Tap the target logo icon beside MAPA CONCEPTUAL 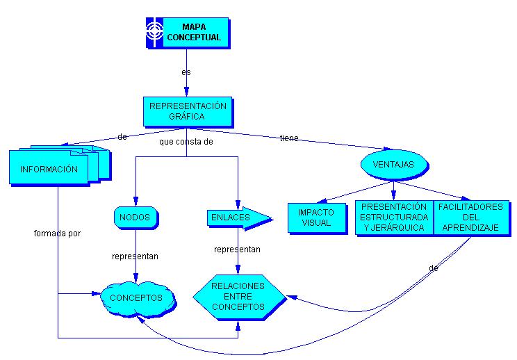[154, 33]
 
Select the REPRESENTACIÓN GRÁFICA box [188, 111]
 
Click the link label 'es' [186, 72]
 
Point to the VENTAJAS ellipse [393, 165]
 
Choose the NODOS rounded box [135, 218]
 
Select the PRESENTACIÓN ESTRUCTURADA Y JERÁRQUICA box [394, 218]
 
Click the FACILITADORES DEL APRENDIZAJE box [470, 218]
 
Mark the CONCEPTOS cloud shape [136, 298]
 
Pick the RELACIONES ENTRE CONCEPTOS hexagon [238, 296]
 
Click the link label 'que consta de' [186, 142]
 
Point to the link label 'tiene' [289, 138]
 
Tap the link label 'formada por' [57, 234]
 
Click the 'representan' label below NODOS [135, 256]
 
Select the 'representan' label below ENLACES [237, 249]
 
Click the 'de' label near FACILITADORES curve [433, 268]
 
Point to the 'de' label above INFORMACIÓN [122, 137]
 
